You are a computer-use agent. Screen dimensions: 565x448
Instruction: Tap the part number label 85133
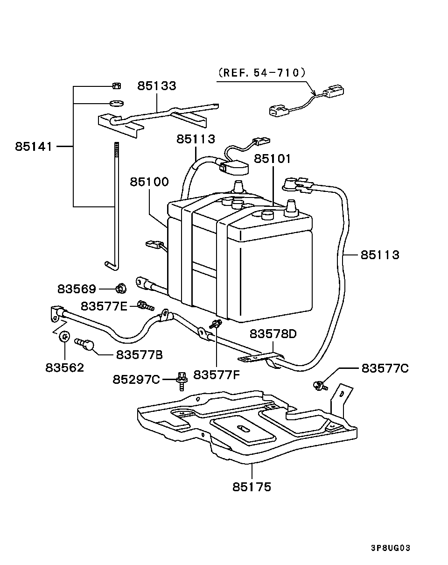pyautogui.click(x=156, y=86)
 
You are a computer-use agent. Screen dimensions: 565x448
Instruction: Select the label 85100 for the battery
pyautogui.click(x=149, y=182)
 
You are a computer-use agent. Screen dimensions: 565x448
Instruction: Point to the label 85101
pyautogui.click(x=272, y=159)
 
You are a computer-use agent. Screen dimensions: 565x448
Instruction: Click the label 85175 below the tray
pyautogui.click(x=252, y=487)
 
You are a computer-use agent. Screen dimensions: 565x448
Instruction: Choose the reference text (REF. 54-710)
pyautogui.click(x=261, y=72)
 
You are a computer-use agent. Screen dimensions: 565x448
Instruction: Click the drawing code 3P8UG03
pyautogui.click(x=390, y=548)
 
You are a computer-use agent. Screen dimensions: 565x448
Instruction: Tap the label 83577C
pyautogui.click(x=385, y=368)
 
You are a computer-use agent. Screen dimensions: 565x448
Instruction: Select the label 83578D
pyautogui.click(x=273, y=334)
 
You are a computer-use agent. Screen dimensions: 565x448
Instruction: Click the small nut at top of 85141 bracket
pyautogui.click(x=117, y=85)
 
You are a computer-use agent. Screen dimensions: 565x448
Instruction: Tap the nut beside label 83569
pyautogui.click(x=120, y=289)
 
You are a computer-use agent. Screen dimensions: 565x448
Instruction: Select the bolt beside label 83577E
pyautogui.click(x=146, y=306)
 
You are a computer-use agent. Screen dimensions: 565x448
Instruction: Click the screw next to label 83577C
pyautogui.click(x=320, y=385)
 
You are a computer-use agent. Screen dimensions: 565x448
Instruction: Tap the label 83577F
pyautogui.click(x=217, y=374)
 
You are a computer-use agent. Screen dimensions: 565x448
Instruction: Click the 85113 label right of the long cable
pyautogui.click(x=379, y=255)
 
